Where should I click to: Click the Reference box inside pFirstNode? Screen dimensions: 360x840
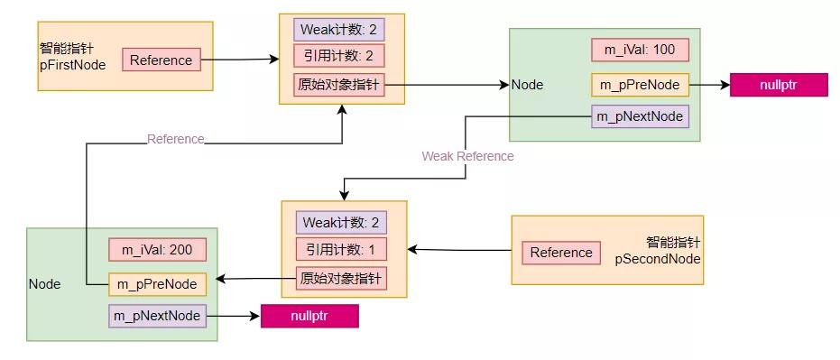point(161,60)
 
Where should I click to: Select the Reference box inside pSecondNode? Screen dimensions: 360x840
point(561,253)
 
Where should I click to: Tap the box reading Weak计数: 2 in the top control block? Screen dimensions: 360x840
point(339,30)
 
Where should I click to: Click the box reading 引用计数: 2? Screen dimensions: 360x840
point(339,56)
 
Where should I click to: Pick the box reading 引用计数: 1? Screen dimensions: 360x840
point(341,249)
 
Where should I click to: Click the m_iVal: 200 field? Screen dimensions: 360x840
point(157,250)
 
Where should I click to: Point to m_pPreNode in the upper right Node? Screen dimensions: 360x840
point(640,86)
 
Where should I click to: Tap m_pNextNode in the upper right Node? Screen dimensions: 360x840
point(640,117)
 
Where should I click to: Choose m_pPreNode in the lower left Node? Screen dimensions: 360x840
point(157,283)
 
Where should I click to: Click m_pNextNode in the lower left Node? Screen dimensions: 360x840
point(157,316)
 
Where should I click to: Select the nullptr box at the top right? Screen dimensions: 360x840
point(778,86)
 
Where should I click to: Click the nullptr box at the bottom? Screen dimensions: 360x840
point(309,317)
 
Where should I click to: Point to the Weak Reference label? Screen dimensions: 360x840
point(467,156)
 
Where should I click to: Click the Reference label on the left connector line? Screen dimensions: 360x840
point(176,139)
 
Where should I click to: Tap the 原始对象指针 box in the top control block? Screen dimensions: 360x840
point(339,85)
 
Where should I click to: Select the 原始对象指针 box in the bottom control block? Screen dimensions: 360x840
point(341,278)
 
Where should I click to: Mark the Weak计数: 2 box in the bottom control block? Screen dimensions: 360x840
point(341,222)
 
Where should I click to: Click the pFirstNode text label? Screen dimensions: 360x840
point(73,65)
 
